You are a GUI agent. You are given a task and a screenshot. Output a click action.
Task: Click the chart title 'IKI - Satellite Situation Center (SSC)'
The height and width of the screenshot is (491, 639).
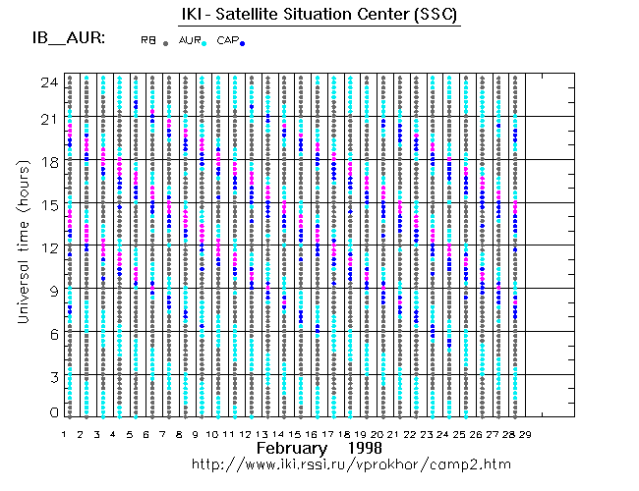point(319,15)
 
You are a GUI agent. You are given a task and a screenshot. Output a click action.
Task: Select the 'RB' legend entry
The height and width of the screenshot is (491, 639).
point(147,39)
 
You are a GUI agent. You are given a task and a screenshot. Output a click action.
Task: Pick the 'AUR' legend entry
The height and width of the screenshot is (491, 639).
point(188,39)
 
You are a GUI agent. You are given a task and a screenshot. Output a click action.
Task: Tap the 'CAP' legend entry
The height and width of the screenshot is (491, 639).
point(226,39)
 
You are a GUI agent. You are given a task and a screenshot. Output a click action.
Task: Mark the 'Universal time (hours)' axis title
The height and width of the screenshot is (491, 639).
point(23,245)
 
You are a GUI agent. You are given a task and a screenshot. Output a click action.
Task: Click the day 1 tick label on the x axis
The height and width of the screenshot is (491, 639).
point(64,433)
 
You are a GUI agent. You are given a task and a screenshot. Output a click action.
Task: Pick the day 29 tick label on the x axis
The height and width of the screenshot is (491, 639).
point(526,433)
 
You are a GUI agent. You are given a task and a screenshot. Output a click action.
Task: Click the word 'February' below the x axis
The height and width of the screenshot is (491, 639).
point(291,448)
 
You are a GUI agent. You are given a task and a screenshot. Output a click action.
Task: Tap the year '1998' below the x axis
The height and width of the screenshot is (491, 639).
point(364,448)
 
